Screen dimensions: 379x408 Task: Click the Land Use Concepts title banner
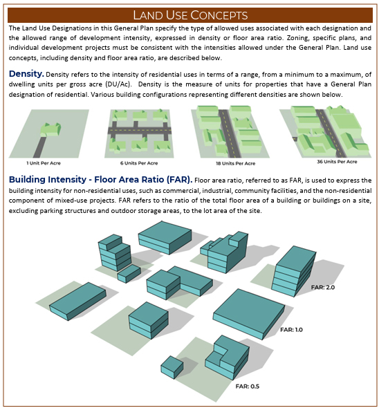tap(190, 15)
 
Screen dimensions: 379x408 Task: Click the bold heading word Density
tap(26, 74)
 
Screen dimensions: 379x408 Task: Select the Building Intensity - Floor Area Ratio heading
tap(100, 180)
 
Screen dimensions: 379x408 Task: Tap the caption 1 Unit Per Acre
tap(44, 163)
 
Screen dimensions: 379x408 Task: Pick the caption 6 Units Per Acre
tap(139, 163)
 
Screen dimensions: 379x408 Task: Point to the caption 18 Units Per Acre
tap(236, 163)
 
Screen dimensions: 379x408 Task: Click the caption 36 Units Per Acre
tap(337, 162)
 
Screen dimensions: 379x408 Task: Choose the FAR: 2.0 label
tap(323, 287)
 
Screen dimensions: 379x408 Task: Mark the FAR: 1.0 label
tap(291, 330)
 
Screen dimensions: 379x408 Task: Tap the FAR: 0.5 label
tap(248, 386)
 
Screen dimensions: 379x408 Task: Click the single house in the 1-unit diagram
tap(50, 129)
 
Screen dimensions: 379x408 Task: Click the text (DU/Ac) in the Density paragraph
tap(118, 84)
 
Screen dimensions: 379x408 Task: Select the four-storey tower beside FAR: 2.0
tap(294, 272)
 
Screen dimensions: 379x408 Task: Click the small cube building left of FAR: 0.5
tap(172, 367)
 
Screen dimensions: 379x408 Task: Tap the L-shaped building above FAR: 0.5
tap(228, 358)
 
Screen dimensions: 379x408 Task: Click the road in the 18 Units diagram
tap(230, 133)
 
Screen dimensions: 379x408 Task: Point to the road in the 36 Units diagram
tap(331, 133)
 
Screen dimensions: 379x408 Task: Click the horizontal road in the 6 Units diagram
tap(140, 130)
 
